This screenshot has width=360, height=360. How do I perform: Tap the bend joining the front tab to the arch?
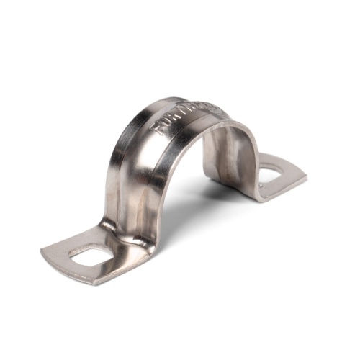tap(119, 223)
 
